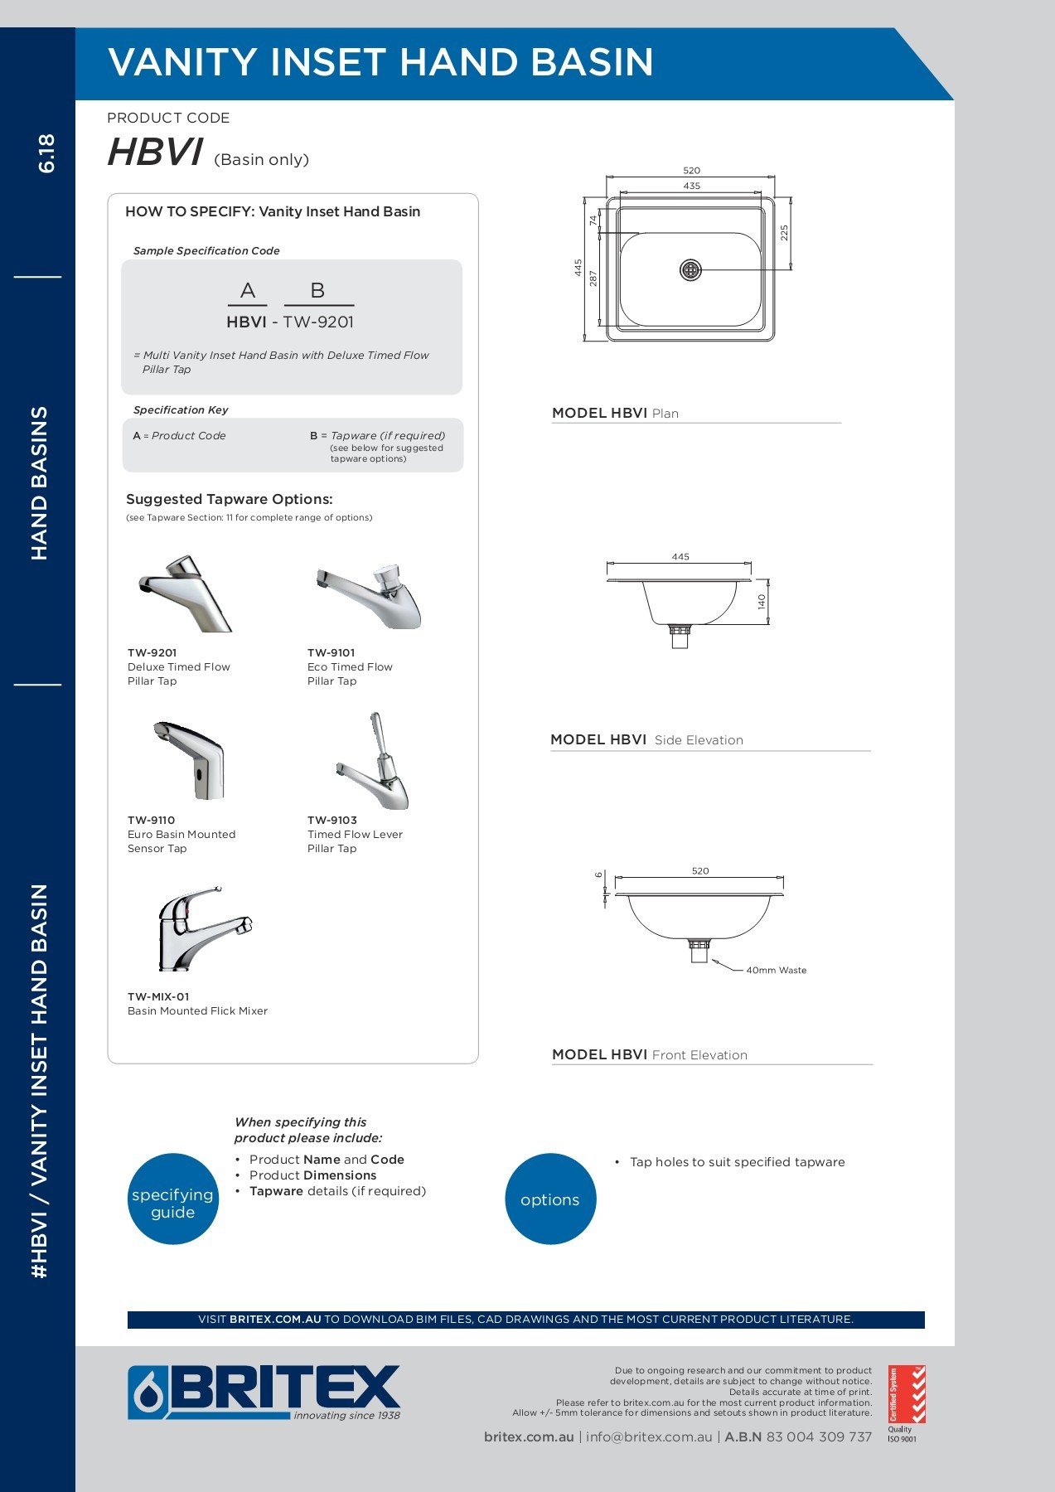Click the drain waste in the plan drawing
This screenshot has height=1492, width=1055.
click(x=690, y=269)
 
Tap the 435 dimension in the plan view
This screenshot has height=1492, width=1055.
click(x=691, y=186)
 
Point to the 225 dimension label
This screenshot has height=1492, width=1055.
click(x=784, y=233)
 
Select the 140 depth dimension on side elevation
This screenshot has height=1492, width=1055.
click(x=762, y=602)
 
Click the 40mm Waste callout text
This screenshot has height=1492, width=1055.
click(x=776, y=971)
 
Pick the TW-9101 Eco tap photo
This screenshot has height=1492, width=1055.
click(x=369, y=594)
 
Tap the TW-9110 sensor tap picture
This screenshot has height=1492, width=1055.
click(x=190, y=760)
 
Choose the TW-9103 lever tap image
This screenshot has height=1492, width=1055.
click(x=374, y=761)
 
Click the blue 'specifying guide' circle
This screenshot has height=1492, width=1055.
click(x=173, y=1199)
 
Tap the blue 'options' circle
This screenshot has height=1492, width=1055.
click(x=550, y=1199)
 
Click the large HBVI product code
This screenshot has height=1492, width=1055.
click(x=156, y=153)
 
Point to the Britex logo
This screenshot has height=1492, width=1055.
click(x=264, y=1393)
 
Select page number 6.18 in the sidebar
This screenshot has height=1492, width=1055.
click(x=46, y=153)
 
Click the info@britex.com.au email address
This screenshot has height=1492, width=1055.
click(x=649, y=1437)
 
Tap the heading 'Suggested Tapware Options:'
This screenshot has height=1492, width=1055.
click(x=230, y=500)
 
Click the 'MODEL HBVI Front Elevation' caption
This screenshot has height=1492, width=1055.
click(x=650, y=1055)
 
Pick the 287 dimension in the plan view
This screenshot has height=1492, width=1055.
click(x=593, y=279)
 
